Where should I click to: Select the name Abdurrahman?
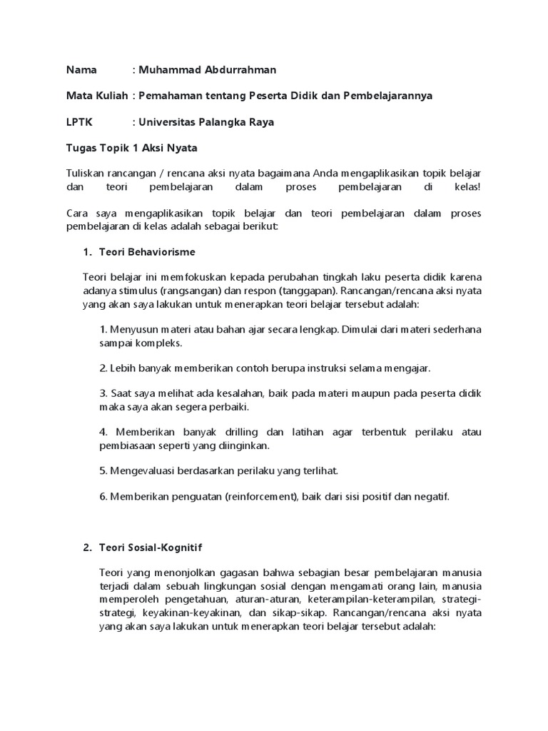[238, 70]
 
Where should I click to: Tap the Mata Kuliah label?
[96, 96]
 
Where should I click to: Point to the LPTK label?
[79, 122]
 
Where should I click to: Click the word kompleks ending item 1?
[161, 342]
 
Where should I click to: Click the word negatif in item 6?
[430, 496]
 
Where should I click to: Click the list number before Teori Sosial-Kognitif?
[87, 548]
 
